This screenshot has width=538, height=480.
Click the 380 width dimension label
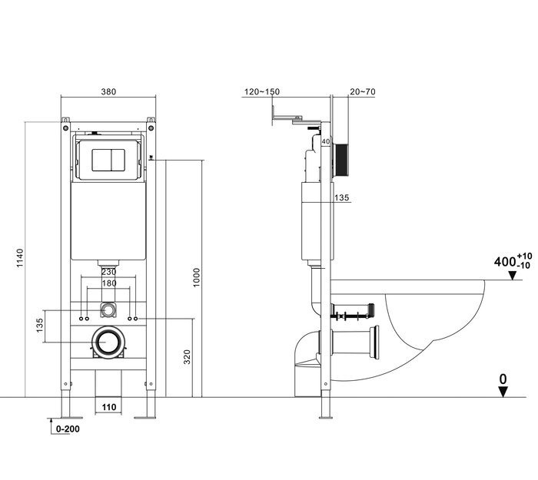(x=108, y=92)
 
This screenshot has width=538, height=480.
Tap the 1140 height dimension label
(x=20, y=258)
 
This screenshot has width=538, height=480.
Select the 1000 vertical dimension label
(x=196, y=277)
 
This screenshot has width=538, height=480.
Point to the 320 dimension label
(x=187, y=357)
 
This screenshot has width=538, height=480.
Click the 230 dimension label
(x=109, y=272)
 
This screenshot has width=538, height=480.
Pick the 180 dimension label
(x=109, y=283)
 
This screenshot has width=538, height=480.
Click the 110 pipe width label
(x=109, y=407)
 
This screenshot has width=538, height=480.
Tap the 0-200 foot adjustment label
(x=68, y=429)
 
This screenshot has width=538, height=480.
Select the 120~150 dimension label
(x=262, y=92)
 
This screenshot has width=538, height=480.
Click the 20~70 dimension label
(x=363, y=92)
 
